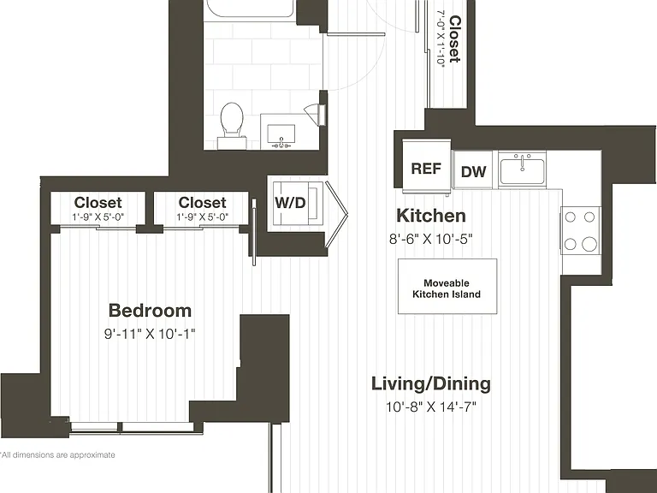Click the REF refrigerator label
tap(426, 169)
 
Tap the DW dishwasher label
tap(473, 171)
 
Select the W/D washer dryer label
tap(290, 203)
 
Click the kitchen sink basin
tap(522, 173)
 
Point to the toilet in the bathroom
tap(232, 120)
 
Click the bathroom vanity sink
tap(281, 135)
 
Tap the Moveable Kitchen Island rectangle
tap(447, 287)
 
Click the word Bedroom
tap(150, 311)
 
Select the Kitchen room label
tap(431, 216)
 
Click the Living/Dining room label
tap(431, 384)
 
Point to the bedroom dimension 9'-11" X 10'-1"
tap(150, 334)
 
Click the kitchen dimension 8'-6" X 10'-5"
tap(431, 239)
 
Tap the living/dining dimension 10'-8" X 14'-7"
tap(431, 407)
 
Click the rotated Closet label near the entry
tap(454, 39)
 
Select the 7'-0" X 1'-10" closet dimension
tap(441, 38)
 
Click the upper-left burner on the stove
tap(570, 217)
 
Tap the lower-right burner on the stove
tap(589, 244)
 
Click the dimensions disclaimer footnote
tap(57, 454)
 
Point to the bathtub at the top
tap(250, 9)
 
